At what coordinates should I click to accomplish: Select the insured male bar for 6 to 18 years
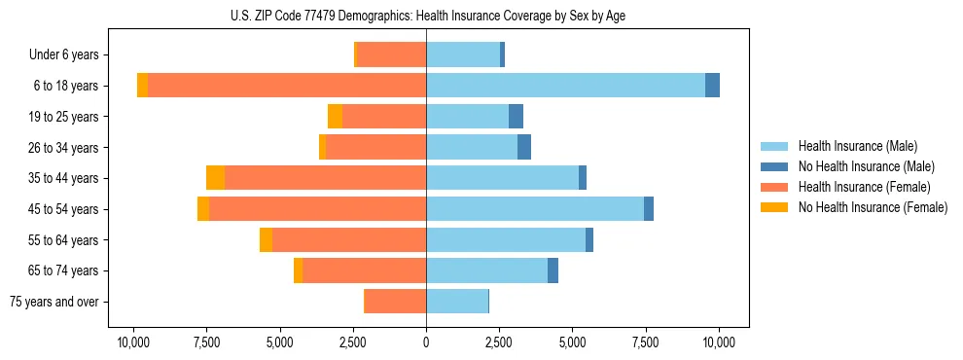coord(565,85)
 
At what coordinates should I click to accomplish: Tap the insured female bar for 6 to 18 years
coord(287,85)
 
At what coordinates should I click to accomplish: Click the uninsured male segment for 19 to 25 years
coord(516,116)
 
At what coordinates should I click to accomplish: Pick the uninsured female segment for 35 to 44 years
coord(215,177)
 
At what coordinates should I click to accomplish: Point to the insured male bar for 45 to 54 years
coord(535,208)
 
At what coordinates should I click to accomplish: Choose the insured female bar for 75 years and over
coord(395,302)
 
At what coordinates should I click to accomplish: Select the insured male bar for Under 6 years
coord(463,54)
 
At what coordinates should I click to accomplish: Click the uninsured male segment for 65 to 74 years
coord(553,270)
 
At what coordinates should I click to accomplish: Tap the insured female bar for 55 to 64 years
coord(349,239)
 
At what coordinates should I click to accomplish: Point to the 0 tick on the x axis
coord(426,342)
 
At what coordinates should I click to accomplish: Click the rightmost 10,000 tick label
coord(719,342)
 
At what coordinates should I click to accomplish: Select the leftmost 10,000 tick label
coord(133,342)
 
